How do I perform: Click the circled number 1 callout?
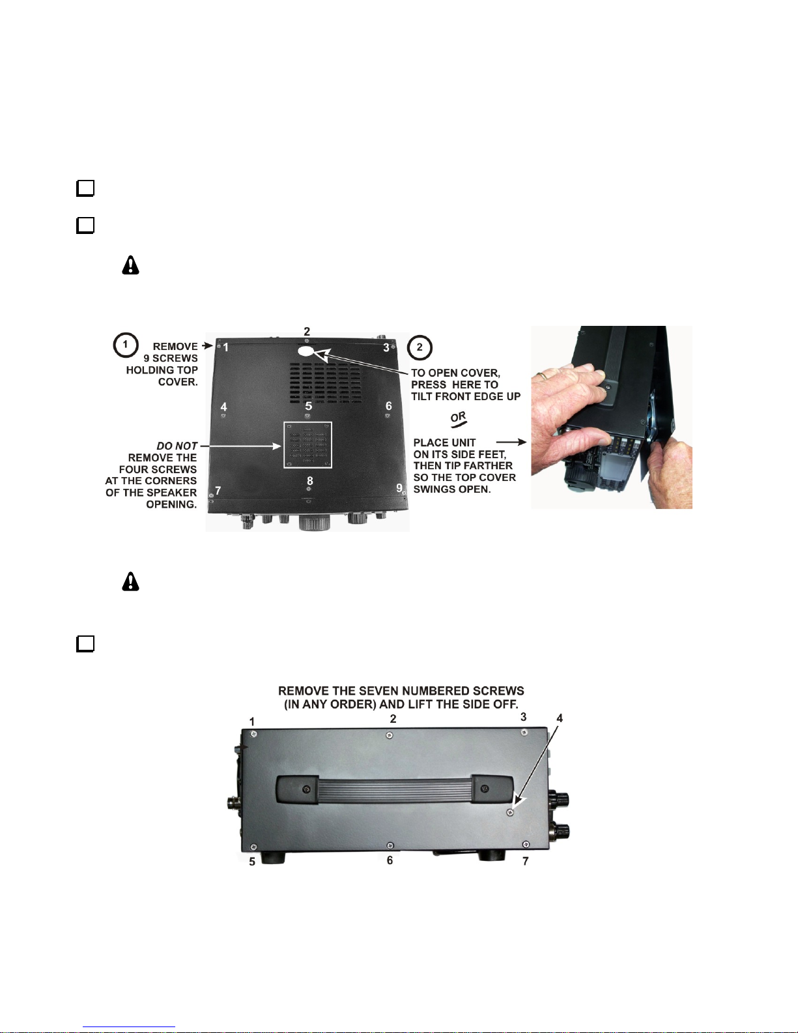point(125,345)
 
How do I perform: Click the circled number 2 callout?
point(420,347)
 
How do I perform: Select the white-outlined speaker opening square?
point(307,445)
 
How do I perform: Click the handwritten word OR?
point(459,419)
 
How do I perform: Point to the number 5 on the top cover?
point(309,406)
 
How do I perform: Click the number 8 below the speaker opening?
point(309,480)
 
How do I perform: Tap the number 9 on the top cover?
point(399,487)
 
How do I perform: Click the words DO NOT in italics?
point(177,446)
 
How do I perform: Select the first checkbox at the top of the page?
point(85,188)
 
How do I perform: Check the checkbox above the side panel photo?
point(85,644)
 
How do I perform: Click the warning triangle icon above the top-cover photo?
point(131,265)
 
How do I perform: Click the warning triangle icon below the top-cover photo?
point(131,581)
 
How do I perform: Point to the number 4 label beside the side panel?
point(560,718)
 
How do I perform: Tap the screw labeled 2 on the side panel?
point(390,735)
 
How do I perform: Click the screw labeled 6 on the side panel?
point(390,846)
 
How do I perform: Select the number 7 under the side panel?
point(525,861)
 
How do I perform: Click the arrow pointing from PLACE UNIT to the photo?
point(511,442)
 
